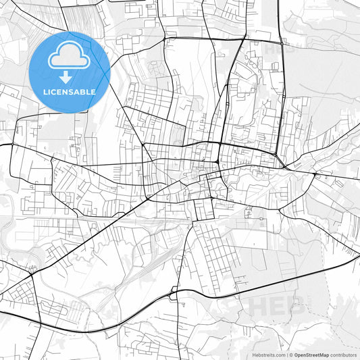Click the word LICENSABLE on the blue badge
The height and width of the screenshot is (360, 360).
tap(70, 91)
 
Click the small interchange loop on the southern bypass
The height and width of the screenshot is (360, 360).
tap(174, 292)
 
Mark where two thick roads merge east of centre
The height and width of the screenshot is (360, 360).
tap(286, 166)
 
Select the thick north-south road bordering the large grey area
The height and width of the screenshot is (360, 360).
tap(278, 81)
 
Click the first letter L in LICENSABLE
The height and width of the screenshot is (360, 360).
tap(45, 91)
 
